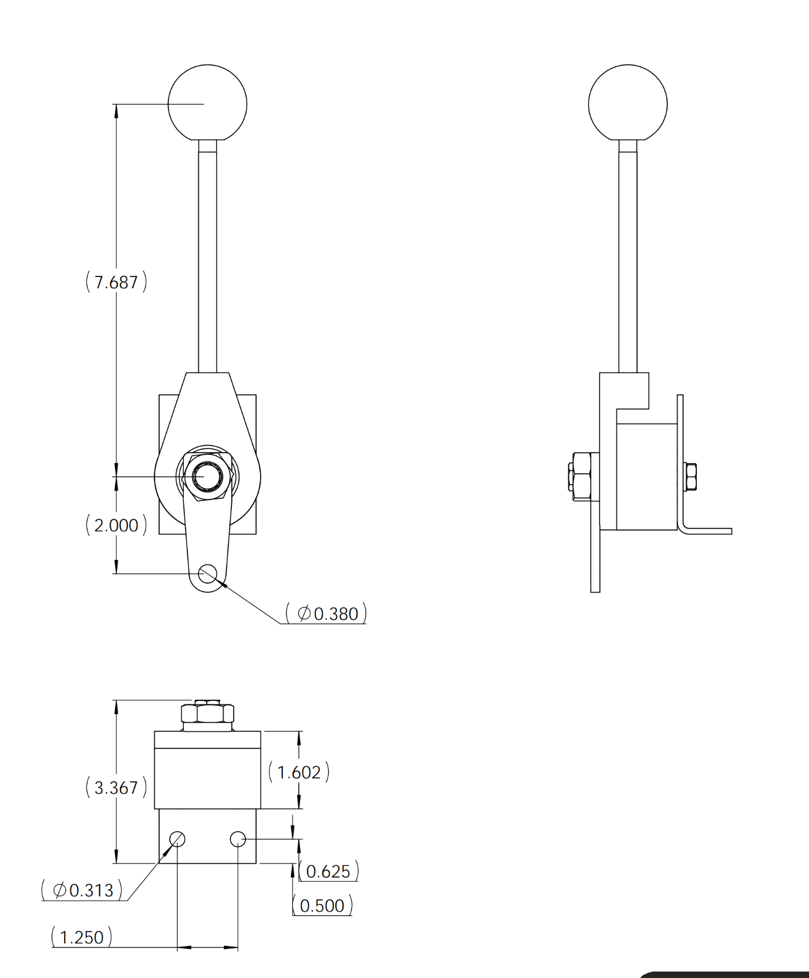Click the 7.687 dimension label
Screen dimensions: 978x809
click(x=116, y=282)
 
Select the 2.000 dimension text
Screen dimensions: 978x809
click(x=116, y=525)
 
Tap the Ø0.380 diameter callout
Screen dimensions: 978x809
click(x=327, y=614)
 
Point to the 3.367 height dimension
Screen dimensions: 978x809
click(x=116, y=788)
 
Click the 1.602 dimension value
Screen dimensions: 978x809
click(x=299, y=773)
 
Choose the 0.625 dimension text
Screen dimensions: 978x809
click(x=328, y=872)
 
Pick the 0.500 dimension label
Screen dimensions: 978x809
click(x=322, y=906)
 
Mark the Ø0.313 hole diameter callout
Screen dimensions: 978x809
click(x=83, y=891)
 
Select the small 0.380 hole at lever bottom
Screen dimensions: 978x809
click(x=207, y=574)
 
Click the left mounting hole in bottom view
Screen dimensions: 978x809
click(x=177, y=839)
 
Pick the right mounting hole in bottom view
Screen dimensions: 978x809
click(x=238, y=839)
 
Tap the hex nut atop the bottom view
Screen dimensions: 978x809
click(x=207, y=713)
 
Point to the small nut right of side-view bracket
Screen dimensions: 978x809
click(x=690, y=477)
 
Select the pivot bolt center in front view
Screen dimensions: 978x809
click(x=207, y=476)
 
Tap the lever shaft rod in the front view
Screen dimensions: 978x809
click(x=207, y=258)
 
